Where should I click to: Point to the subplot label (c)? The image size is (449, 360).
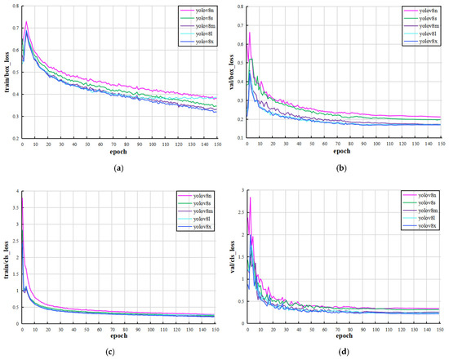pos(114,352)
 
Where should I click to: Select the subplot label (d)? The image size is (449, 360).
pos(343,352)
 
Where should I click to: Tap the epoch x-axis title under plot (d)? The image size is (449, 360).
pos(343,335)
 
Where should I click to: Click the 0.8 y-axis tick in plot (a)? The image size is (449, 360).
pos(17,7)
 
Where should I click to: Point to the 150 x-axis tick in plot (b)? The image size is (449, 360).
pos(440,144)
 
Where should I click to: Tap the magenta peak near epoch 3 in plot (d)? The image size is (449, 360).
pos(251,198)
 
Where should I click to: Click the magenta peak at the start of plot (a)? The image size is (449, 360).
pos(26,22)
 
